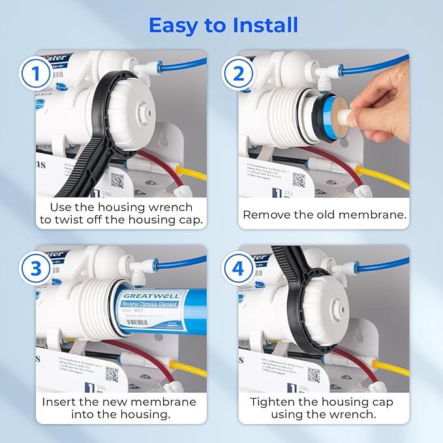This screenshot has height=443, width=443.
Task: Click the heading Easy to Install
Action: (222, 25)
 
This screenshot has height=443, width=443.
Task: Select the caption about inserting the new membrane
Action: (119, 408)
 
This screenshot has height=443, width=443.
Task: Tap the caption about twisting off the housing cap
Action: (120, 213)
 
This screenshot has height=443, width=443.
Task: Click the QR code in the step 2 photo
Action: (298, 179)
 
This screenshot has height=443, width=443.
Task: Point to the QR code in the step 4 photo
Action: (314, 374)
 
